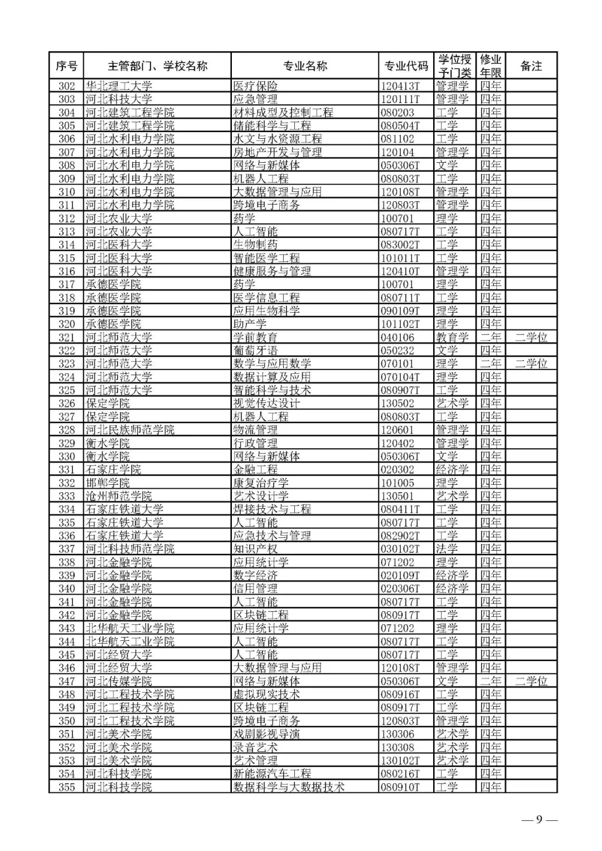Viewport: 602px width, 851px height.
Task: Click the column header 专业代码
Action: pyautogui.click(x=406, y=66)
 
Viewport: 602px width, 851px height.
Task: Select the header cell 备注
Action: pyautogui.click(x=531, y=66)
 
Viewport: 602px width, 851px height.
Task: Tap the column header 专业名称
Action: pyautogui.click(x=305, y=66)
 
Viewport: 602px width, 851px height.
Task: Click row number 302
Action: pyautogui.click(x=66, y=86)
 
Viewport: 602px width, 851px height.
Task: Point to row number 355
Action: pyautogui.click(x=66, y=787)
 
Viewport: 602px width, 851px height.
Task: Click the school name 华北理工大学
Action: pyautogui.click(x=118, y=86)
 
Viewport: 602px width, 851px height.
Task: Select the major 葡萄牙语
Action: pyautogui.click(x=255, y=351)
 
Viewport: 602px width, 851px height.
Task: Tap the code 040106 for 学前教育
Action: pyautogui.click(x=397, y=337)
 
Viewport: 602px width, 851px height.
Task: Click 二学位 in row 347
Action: pyautogui.click(x=531, y=681)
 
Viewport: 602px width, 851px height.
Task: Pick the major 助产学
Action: pyautogui.click(x=250, y=324)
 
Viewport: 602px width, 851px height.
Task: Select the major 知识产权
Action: pyautogui.click(x=255, y=549)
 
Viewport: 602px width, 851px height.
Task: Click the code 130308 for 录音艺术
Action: pyautogui.click(x=397, y=747)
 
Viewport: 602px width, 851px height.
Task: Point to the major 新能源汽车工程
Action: pyautogui.click(x=272, y=774)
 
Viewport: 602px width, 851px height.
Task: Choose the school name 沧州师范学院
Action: pyautogui.click(x=118, y=496)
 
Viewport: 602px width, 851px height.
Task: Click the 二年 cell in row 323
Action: pyautogui.click(x=491, y=363)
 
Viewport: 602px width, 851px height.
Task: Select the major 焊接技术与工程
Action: pyautogui.click(x=272, y=509)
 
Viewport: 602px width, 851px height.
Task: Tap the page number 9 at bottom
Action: pyautogui.click(x=539, y=819)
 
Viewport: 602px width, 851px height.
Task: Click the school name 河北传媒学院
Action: pyautogui.click(x=118, y=681)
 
